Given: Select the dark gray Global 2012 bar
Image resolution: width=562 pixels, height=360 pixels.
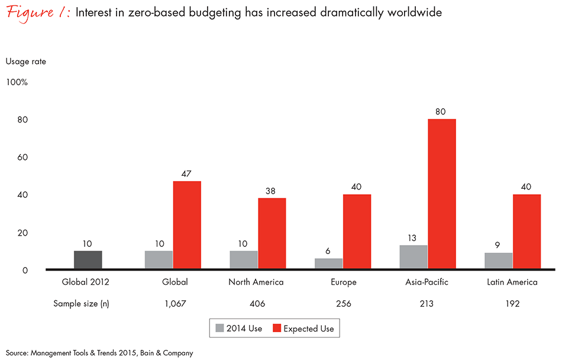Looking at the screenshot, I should click(x=88, y=261).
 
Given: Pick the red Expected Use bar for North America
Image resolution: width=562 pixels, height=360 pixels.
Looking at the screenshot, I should click(x=272, y=234).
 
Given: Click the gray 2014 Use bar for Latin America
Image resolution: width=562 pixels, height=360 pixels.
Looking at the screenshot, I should click(x=499, y=261).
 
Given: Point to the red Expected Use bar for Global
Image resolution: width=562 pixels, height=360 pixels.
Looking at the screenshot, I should click(x=187, y=226).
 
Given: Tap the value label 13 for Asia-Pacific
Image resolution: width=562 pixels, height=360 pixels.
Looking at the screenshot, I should click(x=413, y=237).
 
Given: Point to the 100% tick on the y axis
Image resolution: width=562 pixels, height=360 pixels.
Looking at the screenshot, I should click(x=17, y=82).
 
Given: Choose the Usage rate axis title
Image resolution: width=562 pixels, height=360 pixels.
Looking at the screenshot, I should click(x=25, y=61).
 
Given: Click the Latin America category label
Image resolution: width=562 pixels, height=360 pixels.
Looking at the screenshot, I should click(x=513, y=282).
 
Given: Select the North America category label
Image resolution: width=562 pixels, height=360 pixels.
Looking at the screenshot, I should click(x=256, y=282).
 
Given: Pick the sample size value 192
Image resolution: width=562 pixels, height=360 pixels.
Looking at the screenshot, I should click(x=513, y=304).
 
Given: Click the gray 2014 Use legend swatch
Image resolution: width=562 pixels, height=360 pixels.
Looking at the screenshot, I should click(x=220, y=329).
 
